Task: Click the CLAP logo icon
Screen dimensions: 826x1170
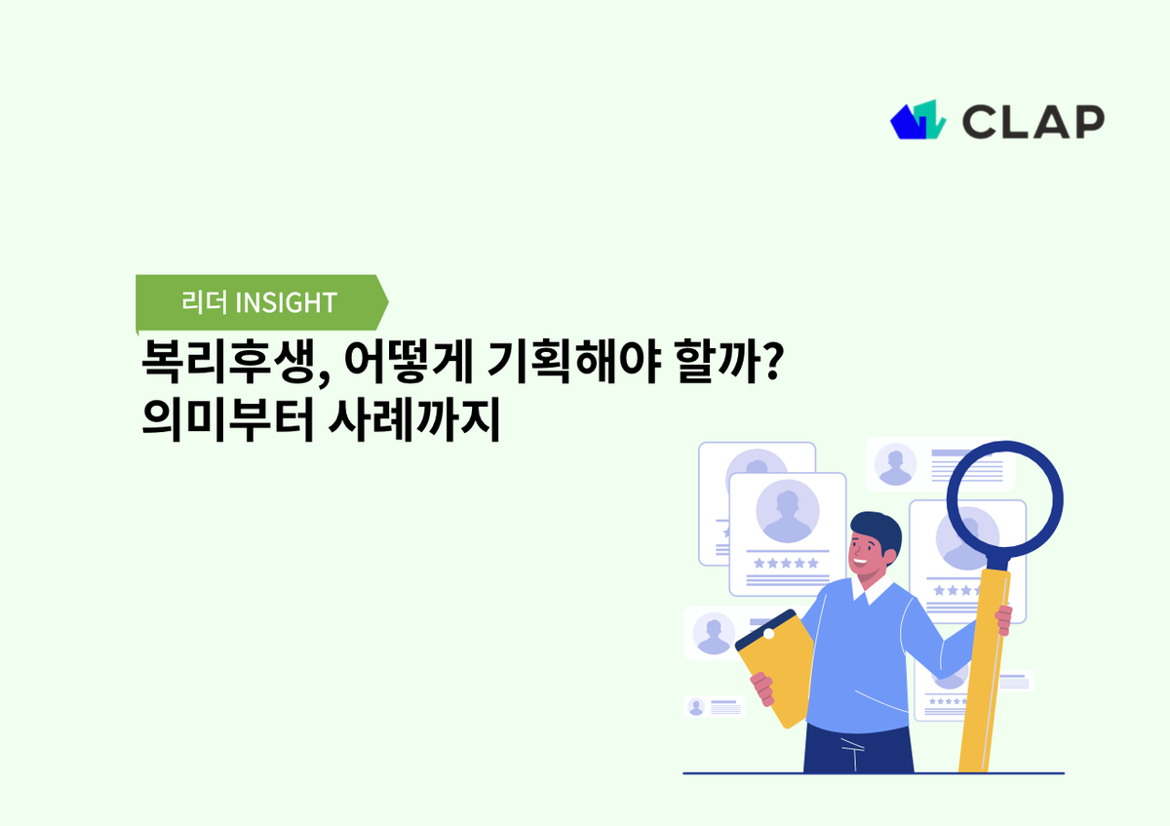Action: [917, 119]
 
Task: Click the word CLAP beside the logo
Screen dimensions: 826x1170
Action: [1033, 121]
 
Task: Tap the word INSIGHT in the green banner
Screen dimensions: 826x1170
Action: [287, 302]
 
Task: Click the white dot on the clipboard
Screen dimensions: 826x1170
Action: [768, 634]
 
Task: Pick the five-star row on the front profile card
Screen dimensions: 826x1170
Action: [786, 563]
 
